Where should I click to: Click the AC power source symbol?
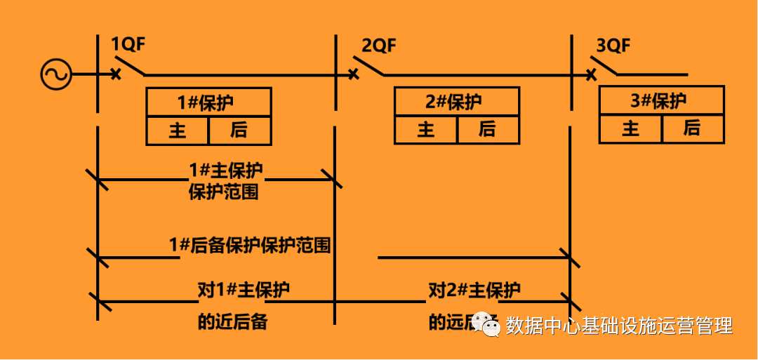(56, 74)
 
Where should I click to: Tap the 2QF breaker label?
(379, 46)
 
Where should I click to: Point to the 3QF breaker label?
(613, 46)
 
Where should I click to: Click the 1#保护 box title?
(208, 102)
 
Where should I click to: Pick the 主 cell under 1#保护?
(178, 131)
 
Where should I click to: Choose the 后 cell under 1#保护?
(239, 131)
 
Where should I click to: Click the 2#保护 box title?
(456, 102)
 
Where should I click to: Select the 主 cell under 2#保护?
(426, 130)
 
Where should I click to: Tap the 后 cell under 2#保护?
(488, 130)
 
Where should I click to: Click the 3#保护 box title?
(661, 101)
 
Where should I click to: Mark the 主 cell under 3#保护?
(631, 128)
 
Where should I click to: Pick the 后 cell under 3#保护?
(692, 128)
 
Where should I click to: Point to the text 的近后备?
(232, 322)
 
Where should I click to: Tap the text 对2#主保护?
(474, 290)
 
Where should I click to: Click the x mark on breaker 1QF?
(117, 74)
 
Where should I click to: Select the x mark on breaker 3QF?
(592, 74)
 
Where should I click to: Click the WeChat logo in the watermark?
(486, 324)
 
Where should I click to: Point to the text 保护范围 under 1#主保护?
(223, 192)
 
